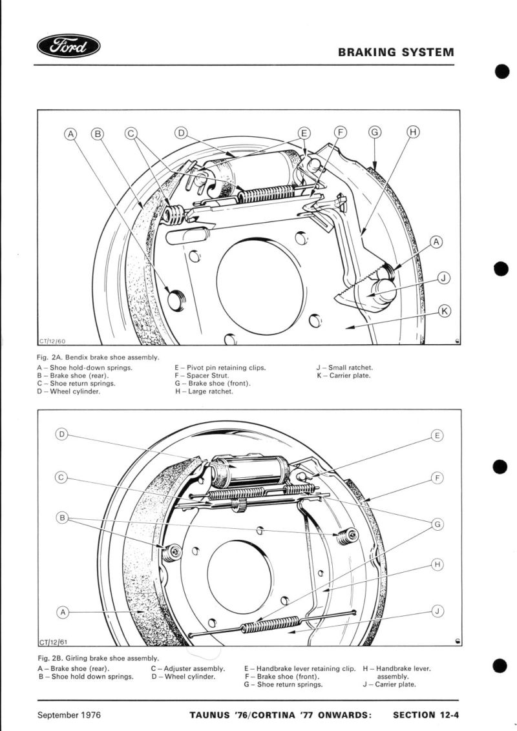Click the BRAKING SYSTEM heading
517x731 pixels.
coord(396,52)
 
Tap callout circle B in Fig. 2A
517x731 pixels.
coord(98,134)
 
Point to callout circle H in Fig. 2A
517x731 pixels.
coord(413,132)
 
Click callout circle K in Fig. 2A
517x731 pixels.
coord(445,311)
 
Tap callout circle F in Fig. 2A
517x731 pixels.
coord(340,132)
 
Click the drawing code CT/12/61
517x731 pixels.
coord(53,642)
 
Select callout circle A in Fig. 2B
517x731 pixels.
coord(63,611)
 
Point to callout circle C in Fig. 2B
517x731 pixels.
coord(62,478)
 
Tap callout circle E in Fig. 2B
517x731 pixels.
coord(438,436)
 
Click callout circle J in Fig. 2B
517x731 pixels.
coord(438,611)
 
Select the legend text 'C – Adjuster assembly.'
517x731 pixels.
coord(188,668)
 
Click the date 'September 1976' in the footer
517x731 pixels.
coord(69,715)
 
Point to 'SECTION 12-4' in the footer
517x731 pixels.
coord(423,715)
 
